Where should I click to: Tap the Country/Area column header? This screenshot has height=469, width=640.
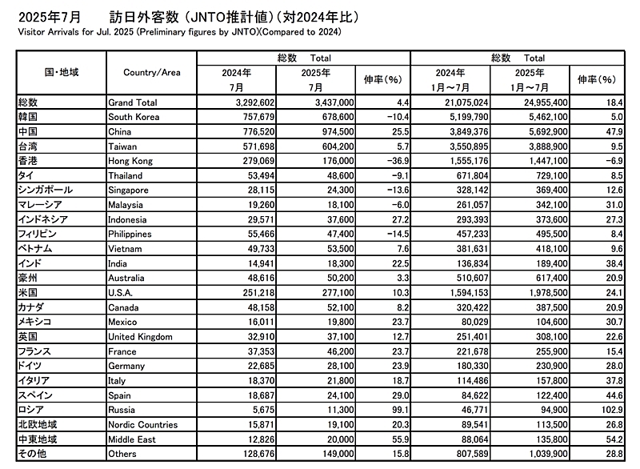[152, 73]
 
